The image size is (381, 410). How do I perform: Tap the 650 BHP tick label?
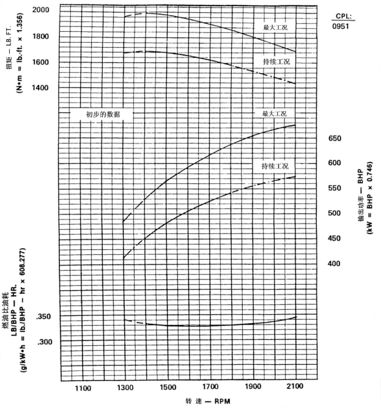[x=335, y=139]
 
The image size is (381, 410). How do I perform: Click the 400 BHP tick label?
[x=335, y=263]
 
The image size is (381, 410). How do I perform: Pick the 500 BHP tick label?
[x=335, y=213]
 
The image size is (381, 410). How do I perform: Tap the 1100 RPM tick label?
[x=82, y=387]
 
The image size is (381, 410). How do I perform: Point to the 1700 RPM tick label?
[x=210, y=387]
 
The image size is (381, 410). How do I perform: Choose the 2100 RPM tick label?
[x=295, y=387]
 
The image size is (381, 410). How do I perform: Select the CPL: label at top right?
[x=344, y=16]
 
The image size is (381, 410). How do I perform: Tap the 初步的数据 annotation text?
[x=103, y=114]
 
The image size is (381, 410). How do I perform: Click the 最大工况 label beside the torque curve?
[x=274, y=28]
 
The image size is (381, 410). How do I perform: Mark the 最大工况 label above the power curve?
[x=274, y=114]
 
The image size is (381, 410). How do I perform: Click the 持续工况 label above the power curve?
[x=274, y=166]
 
